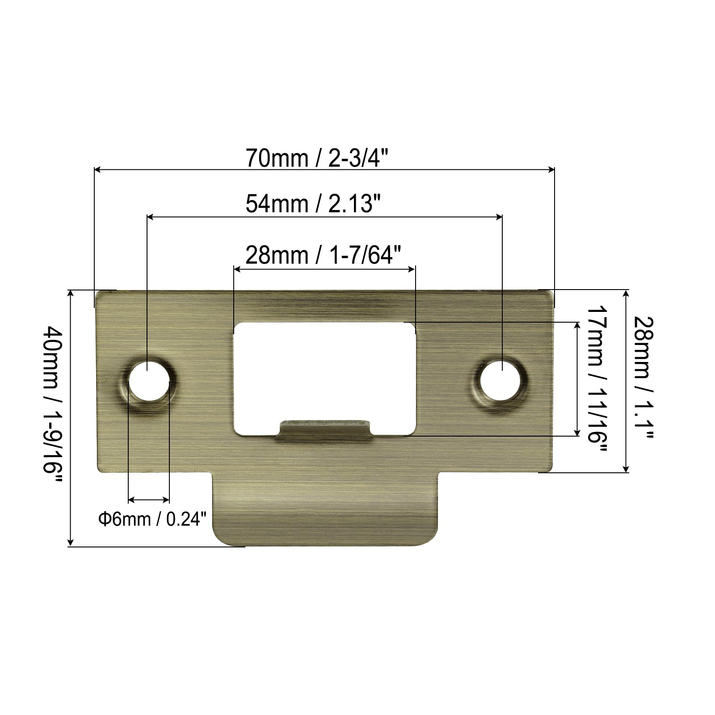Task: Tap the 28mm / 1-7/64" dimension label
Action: coord(321,256)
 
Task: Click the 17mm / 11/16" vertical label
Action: coord(597,380)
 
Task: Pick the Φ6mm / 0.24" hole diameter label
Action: coord(153,519)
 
